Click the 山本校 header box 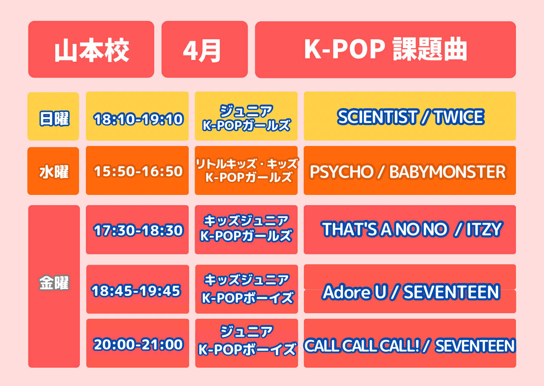(x=91, y=49)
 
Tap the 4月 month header (x=204, y=49)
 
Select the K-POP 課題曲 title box (x=385, y=50)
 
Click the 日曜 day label (x=53, y=116)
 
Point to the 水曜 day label (x=53, y=171)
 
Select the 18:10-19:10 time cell (x=137, y=116)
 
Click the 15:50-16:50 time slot (x=137, y=171)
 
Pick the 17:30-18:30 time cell (x=137, y=230)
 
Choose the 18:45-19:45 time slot (x=138, y=289)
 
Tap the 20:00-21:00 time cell (x=138, y=343)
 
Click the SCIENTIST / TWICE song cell (x=410, y=116)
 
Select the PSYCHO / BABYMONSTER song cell (x=410, y=171)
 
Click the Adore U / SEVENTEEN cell (x=410, y=289)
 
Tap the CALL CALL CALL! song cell (x=410, y=343)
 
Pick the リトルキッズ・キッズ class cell (x=246, y=171)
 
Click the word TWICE (x=459, y=117)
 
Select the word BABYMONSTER (x=448, y=172)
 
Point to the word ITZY (x=484, y=229)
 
